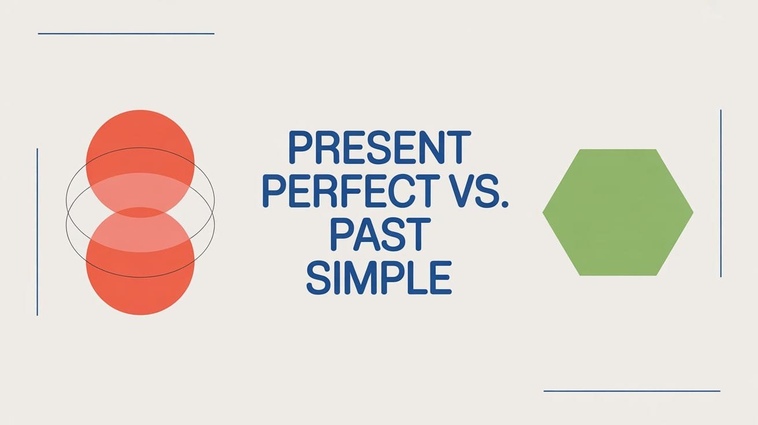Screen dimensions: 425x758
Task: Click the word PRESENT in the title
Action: (379, 148)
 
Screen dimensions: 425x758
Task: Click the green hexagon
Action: (618, 212)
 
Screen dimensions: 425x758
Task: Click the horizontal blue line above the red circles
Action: (126, 33)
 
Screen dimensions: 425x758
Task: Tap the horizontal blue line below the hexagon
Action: (632, 391)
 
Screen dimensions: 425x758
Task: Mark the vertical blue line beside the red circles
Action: (37, 232)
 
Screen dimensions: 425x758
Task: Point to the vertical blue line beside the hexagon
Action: (721, 193)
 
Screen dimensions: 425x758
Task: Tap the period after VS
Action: (504, 204)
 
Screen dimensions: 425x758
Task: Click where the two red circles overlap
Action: (140, 212)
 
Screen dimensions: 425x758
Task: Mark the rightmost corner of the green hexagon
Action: (692, 212)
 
